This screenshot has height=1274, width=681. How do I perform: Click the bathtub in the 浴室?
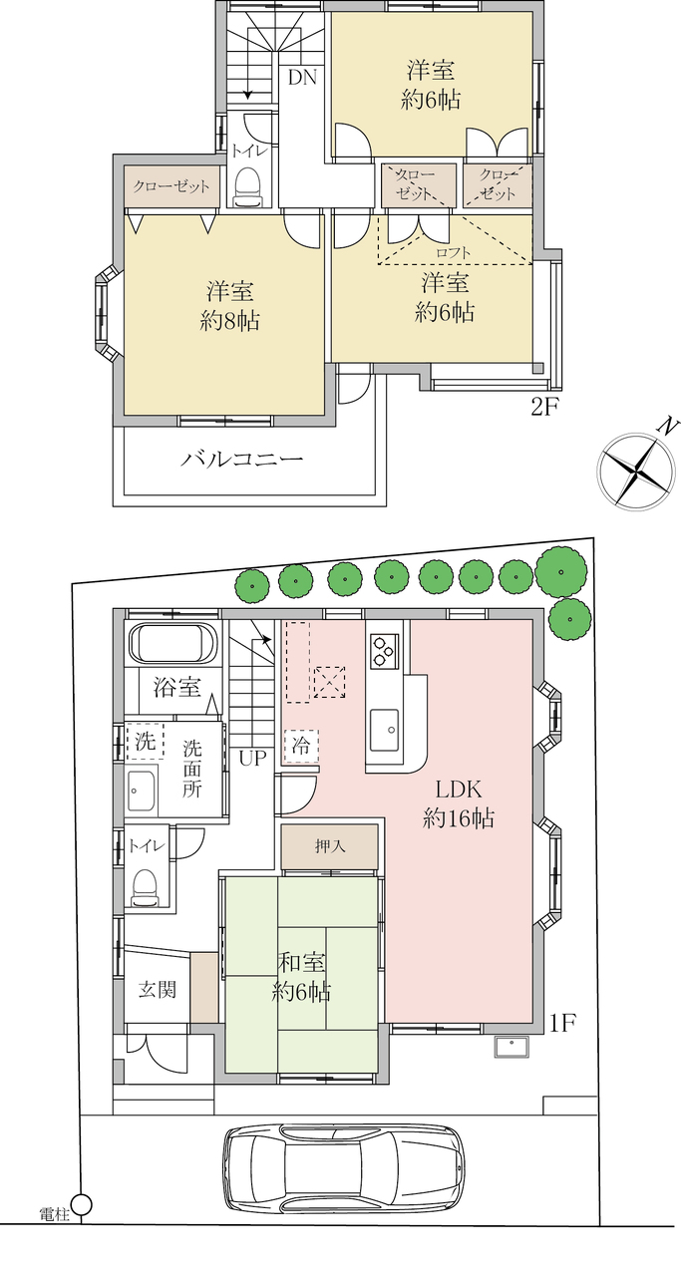pos(172,643)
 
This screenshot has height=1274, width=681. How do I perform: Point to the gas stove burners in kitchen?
pos(384,651)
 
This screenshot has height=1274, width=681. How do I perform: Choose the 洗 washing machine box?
pos(145,741)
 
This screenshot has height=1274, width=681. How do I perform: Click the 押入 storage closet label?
pos(330,845)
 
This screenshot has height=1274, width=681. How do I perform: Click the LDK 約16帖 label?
pos(459,803)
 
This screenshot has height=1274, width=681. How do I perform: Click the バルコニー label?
pos(242,459)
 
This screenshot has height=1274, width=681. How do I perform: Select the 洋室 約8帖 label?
pos(230,306)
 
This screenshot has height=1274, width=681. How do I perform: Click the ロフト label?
pos(454,252)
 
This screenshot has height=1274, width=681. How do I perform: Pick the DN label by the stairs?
pos(302,78)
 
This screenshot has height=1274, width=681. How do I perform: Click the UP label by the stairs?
pos(252,758)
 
